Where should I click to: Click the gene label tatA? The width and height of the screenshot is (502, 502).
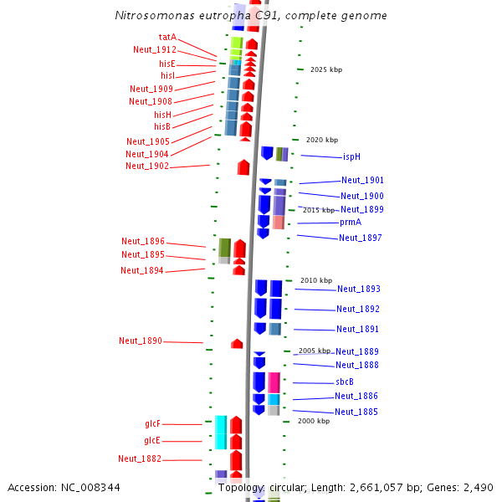167,37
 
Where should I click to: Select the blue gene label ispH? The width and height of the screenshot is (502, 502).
351,156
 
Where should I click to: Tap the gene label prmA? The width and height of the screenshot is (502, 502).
351,222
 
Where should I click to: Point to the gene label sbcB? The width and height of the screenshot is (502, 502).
345,382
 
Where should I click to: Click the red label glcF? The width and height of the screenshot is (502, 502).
152,423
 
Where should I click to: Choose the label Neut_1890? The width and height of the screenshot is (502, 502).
141,341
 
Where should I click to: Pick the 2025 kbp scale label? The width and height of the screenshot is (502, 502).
326,69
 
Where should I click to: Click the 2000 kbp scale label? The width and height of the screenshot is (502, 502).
314,421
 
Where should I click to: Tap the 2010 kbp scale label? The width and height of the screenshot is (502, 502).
316,280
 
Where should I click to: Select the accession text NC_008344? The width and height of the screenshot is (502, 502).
90,488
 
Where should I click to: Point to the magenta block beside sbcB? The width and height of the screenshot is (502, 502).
274,382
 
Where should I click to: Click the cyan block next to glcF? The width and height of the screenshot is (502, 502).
221,433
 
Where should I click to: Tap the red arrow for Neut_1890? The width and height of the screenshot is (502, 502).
237,344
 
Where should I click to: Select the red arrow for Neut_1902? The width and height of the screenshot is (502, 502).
243,167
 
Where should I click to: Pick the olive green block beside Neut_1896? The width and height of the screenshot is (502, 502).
225,248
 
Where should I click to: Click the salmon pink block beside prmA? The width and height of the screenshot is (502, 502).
279,223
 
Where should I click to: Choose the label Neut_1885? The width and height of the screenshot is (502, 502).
356,412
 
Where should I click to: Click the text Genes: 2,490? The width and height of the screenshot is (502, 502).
460,488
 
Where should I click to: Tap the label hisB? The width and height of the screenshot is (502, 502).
162,126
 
